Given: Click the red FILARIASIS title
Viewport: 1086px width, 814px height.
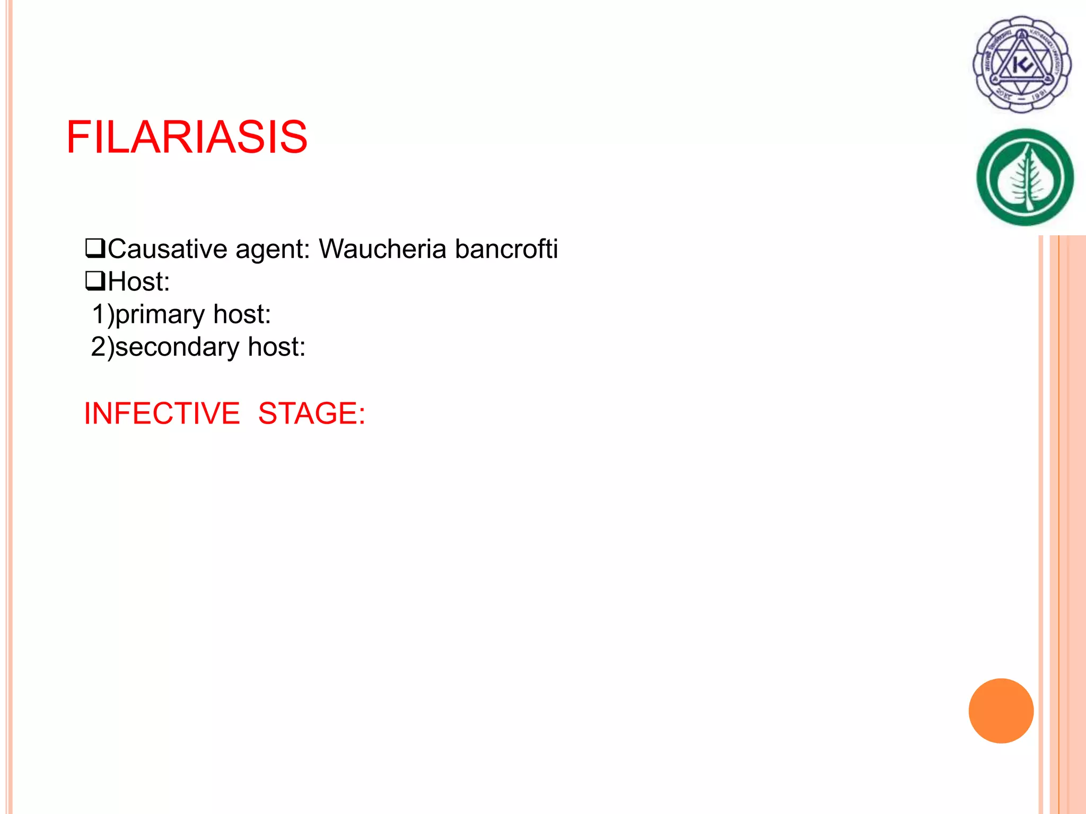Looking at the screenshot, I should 187,137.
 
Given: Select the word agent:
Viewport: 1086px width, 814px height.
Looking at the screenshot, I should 273,249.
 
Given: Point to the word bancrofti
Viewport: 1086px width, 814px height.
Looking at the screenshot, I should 506,249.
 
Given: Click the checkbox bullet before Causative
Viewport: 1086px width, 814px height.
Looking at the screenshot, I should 95,248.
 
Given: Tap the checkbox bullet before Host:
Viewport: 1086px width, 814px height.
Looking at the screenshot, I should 95,281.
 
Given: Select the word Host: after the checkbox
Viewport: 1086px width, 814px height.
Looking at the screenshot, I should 139,281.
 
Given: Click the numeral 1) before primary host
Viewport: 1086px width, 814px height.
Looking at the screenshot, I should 103,314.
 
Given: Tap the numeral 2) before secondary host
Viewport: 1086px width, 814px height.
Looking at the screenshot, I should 102,347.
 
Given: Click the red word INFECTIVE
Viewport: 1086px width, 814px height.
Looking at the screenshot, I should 162,413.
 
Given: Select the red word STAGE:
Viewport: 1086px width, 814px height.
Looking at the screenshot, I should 312,413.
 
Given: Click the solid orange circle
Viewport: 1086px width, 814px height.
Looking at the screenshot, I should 1001,711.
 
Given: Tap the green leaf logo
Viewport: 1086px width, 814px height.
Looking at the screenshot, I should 1025,177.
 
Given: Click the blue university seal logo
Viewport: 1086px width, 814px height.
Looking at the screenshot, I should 1022,64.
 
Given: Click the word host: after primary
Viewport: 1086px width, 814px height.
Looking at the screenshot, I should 242,314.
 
